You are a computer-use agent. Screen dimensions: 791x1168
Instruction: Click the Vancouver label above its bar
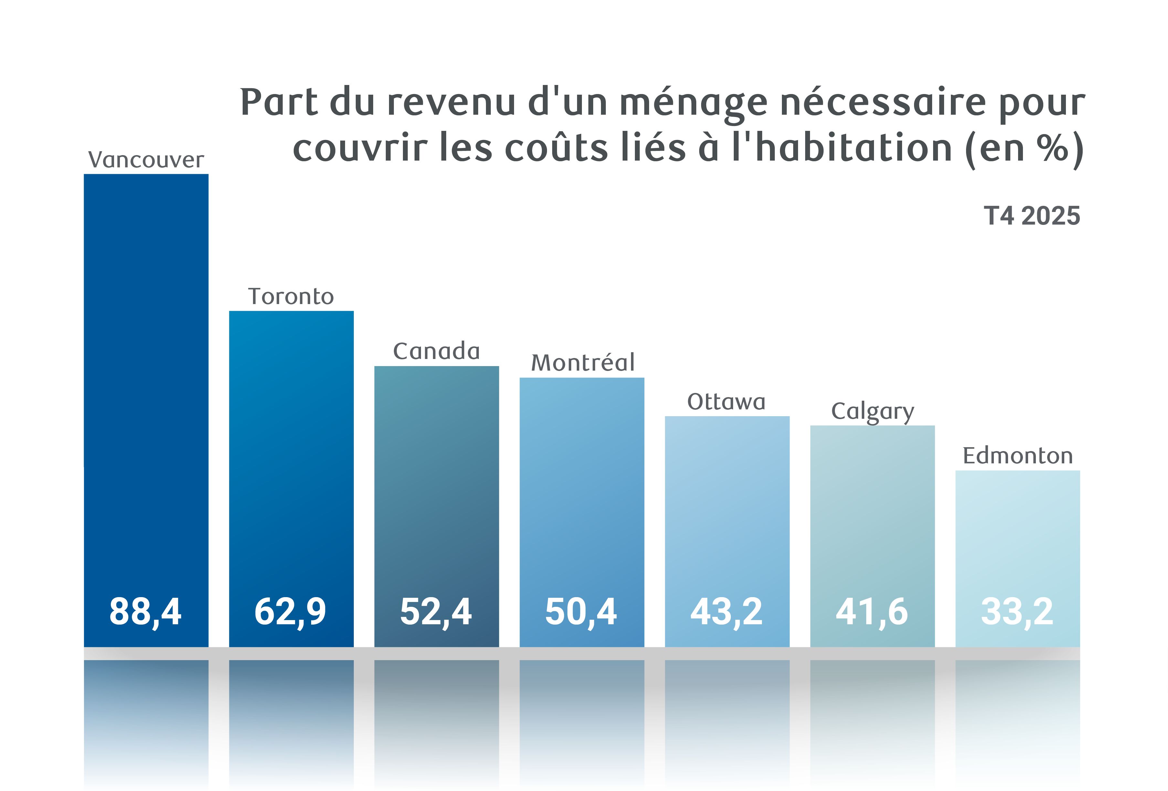(x=146, y=160)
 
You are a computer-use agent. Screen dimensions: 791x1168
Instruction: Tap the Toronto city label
(x=291, y=297)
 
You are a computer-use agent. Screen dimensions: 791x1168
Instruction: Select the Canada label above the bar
(x=436, y=351)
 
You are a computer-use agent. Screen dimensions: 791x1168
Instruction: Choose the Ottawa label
(x=726, y=402)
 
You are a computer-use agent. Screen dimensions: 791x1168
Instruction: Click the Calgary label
(x=872, y=412)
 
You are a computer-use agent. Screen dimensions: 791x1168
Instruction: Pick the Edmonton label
(x=1018, y=456)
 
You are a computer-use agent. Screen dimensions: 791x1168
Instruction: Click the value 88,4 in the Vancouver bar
(x=145, y=612)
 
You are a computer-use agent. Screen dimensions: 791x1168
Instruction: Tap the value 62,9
(x=290, y=612)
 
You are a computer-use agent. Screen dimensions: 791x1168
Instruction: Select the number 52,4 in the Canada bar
(x=436, y=612)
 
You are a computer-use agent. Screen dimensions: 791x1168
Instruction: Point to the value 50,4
(x=581, y=612)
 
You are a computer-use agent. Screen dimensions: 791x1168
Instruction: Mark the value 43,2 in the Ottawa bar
(x=726, y=612)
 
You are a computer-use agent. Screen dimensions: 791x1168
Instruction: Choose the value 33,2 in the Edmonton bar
(x=1017, y=612)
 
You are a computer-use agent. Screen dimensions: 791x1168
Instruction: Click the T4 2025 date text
(x=1032, y=216)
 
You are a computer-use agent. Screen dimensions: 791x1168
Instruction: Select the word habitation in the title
(x=853, y=148)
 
